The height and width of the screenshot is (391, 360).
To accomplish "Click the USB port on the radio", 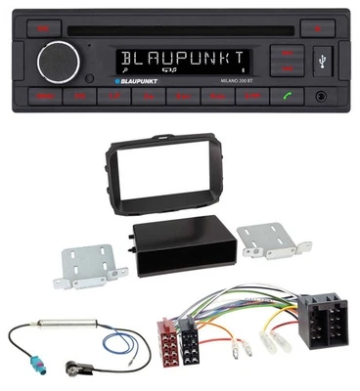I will click(324, 65).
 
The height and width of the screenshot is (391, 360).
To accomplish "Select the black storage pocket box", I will click(177, 251).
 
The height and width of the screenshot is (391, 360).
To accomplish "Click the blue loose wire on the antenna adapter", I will click(125, 353).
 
